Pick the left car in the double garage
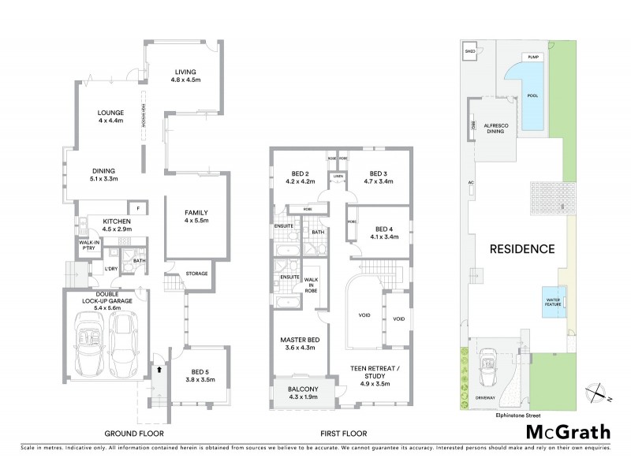[x=89, y=345]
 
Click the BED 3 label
[x=377, y=177]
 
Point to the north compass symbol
[x=599, y=390]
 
